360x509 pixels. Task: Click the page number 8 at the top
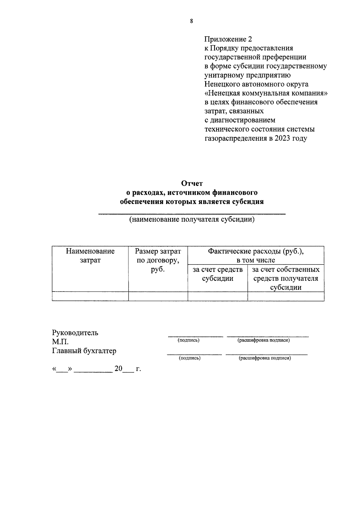(x=191, y=21)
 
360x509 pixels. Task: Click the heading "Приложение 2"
(x=228, y=39)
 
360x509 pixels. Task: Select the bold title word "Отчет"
(x=192, y=183)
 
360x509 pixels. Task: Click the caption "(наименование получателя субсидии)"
(x=192, y=220)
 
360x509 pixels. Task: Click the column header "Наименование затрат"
(x=90, y=256)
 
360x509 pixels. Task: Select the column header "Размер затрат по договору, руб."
(x=158, y=260)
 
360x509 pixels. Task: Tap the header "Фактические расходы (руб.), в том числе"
(x=256, y=256)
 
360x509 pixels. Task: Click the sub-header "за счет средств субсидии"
(x=217, y=274)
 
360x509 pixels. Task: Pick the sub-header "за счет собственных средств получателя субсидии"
(x=286, y=278)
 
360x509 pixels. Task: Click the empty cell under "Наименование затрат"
(x=90, y=296)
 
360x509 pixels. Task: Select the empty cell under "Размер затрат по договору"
(x=158, y=296)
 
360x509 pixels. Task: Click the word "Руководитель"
(x=75, y=333)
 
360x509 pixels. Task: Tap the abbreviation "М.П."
(x=60, y=342)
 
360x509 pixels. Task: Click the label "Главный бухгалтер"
(x=84, y=351)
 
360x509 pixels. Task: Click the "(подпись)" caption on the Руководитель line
(x=188, y=340)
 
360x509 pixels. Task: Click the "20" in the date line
(x=118, y=369)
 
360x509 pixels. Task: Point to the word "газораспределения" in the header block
(x=235, y=138)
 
